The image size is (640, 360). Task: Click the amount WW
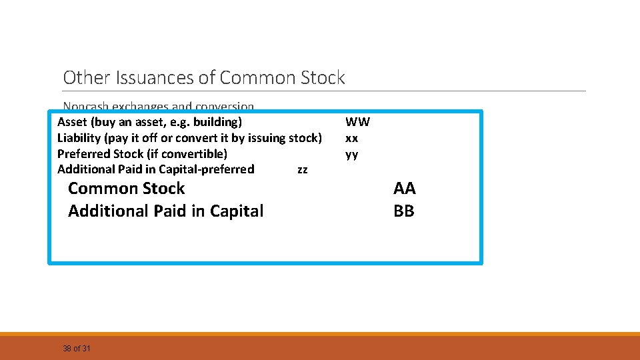(x=357, y=122)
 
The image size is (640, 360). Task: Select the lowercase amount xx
(x=351, y=138)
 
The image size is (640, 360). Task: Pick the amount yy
(x=351, y=155)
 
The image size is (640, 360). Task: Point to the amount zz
(x=302, y=170)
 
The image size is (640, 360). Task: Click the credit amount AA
(x=404, y=189)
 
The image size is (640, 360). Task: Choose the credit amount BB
(x=404, y=211)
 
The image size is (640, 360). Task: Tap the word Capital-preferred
(x=207, y=169)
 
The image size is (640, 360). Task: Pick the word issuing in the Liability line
(x=269, y=138)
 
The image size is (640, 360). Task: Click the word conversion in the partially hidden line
(x=230, y=107)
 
